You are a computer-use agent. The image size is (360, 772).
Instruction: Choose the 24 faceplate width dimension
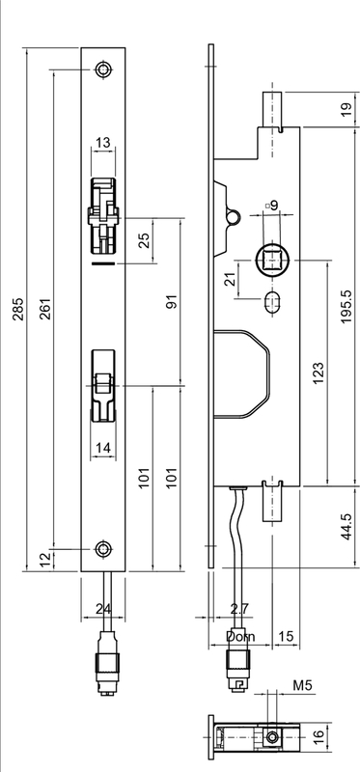pos(103,610)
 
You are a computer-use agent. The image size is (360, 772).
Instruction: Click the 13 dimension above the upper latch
pos(103,144)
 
